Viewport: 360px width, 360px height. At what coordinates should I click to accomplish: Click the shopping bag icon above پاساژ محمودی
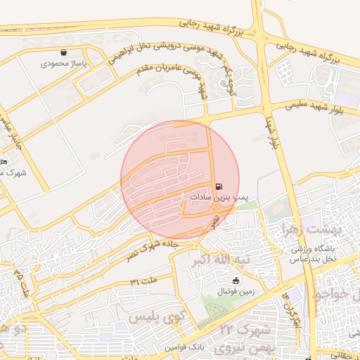click(65, 52)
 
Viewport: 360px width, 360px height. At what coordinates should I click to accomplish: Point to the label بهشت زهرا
click(310, 229)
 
